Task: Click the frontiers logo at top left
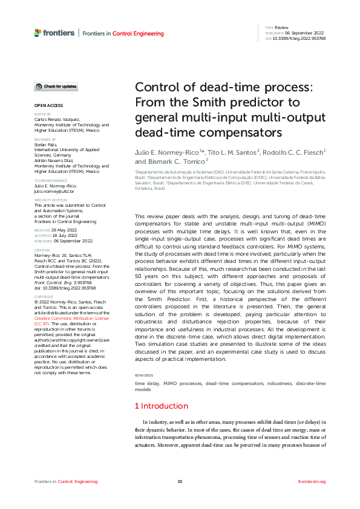(54, 33)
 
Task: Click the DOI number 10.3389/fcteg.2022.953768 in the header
(299, 38)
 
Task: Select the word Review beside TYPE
(281, 28)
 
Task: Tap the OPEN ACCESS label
(44, 106)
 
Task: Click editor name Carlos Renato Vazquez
(61, 119)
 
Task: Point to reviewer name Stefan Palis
(45, 144)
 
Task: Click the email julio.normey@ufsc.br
(54, 191)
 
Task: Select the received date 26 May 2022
(63, 230)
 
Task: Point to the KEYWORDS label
(144, 375)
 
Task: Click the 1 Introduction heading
(161, 406)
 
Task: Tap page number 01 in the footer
(180, 481)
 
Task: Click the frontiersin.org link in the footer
(312, 481)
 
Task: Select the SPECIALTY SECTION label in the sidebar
(50, 199)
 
